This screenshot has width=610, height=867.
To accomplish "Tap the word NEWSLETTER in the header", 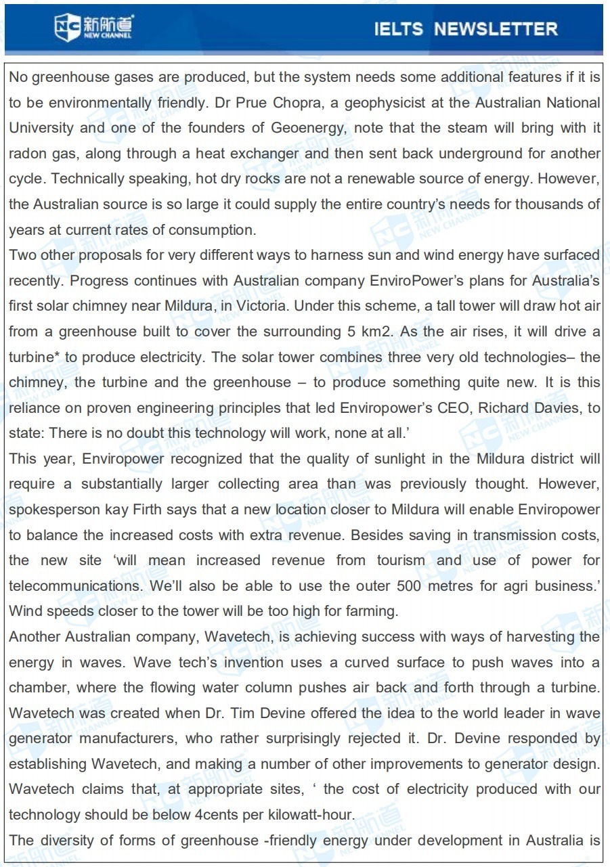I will pos(496,29).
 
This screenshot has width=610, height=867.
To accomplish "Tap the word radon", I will pos(27,154).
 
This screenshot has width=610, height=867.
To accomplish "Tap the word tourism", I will pos(400,560).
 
